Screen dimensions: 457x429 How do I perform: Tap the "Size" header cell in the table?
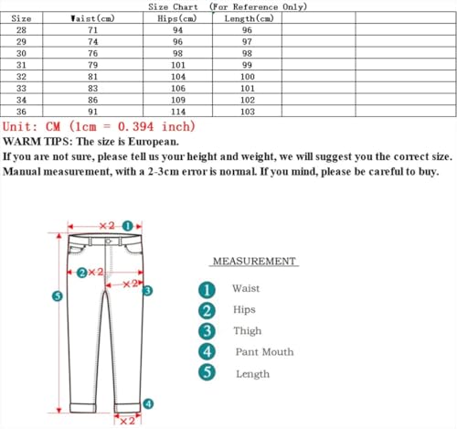click(x=23, y=18)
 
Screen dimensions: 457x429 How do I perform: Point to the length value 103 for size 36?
click(x=248, y=112)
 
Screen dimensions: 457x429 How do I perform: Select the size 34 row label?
click(x=23, y=100)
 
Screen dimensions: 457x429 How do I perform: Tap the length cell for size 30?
click(x=248, y=53)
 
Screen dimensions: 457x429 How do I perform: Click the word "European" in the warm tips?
click(x=150, y=142)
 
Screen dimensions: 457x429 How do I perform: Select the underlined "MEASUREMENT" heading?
click(x=254, y=262)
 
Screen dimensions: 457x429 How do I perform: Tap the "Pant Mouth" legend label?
click(x=264, y=352)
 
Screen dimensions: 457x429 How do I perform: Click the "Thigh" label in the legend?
click(x=247, y=331)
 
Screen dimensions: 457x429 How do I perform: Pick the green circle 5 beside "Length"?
click(x=207, y=373)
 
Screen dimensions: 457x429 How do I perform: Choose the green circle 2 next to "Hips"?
click(x=207, y=310)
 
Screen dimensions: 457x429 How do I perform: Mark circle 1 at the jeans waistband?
click(x=128, y=225)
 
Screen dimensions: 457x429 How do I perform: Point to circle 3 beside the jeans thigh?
click(x=147, y=290)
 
